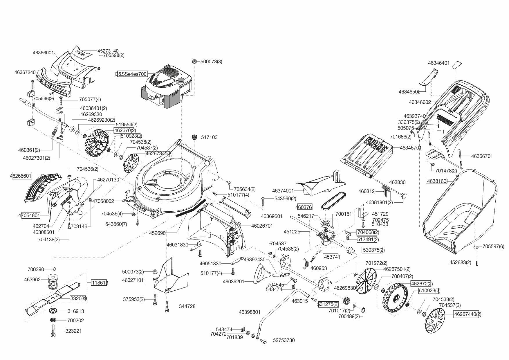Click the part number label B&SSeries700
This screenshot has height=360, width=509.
[x=131, y=74]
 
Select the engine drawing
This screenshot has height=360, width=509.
[x=167, y=87]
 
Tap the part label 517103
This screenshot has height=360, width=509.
[x=209, y=137]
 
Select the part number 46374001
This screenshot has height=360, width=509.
[x=283, y=191]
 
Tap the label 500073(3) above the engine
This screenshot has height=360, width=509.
[x=211, y=62]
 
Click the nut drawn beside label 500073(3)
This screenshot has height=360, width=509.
[x=195, y=62]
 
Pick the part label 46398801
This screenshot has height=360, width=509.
[x=250, y=312]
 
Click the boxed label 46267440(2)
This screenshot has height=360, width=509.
[x=468, y=314]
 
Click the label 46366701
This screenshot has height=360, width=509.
[x=482, y=156]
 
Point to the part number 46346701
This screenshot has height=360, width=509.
[x=410, y=148]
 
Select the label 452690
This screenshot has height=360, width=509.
[x=157, y=233]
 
